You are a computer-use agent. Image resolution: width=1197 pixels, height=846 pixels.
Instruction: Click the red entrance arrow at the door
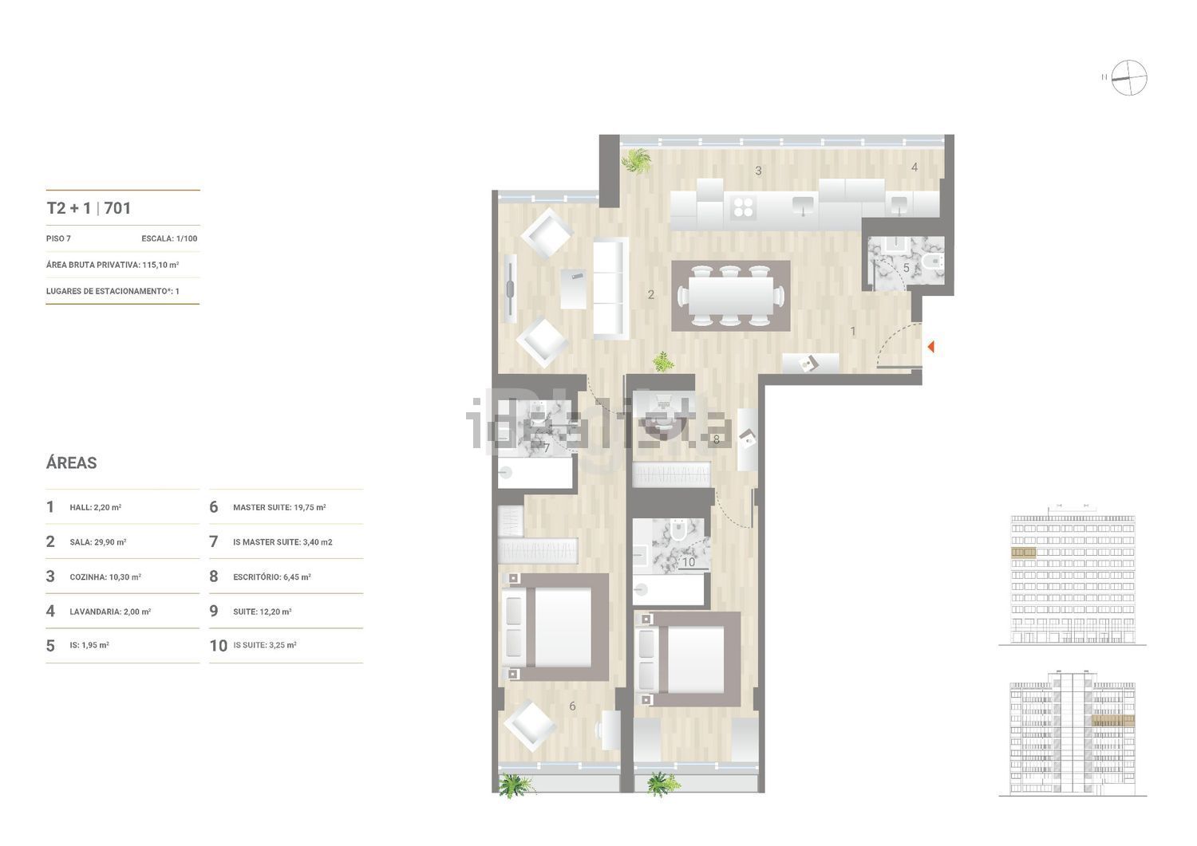click(x=930, y=347)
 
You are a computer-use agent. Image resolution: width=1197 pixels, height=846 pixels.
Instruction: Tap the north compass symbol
click(x=1128, y=78)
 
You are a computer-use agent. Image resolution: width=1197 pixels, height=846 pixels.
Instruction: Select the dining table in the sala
click(x=731, y=296)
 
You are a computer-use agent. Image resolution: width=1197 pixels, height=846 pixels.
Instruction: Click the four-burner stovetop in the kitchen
click(x=743, y=207)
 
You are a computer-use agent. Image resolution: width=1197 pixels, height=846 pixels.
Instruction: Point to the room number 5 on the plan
click(x=906, y=269)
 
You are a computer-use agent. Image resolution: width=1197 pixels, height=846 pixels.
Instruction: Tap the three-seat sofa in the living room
click(x=610, y=288)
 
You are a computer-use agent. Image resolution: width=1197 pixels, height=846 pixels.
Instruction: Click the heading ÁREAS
click(x=72, y=462)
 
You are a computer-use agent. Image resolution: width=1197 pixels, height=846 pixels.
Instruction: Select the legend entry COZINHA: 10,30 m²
click(x=105, y=576)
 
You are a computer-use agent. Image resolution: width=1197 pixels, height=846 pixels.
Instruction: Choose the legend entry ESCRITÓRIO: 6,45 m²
click(x=271, y=576)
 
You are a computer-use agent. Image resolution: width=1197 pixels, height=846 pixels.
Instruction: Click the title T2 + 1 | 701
click(x=89, y=208)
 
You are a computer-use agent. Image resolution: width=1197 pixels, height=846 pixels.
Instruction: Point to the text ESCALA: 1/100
click(x=169, y=238)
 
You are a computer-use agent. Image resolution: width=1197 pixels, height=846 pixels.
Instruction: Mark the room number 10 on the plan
click(x=688, y=562)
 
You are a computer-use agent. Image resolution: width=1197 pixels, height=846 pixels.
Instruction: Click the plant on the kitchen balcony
click(x=637, y=159)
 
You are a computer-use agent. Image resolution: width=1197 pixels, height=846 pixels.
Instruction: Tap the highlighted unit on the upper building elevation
click(x=1023, y=552)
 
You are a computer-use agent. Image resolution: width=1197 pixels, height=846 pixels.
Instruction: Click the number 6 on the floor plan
click(x=572, y=706)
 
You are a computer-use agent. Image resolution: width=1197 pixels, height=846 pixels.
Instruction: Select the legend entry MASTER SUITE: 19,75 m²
click(x=279, y=507)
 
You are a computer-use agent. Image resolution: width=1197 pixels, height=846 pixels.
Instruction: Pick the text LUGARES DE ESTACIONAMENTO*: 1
click(x=113, y=291)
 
